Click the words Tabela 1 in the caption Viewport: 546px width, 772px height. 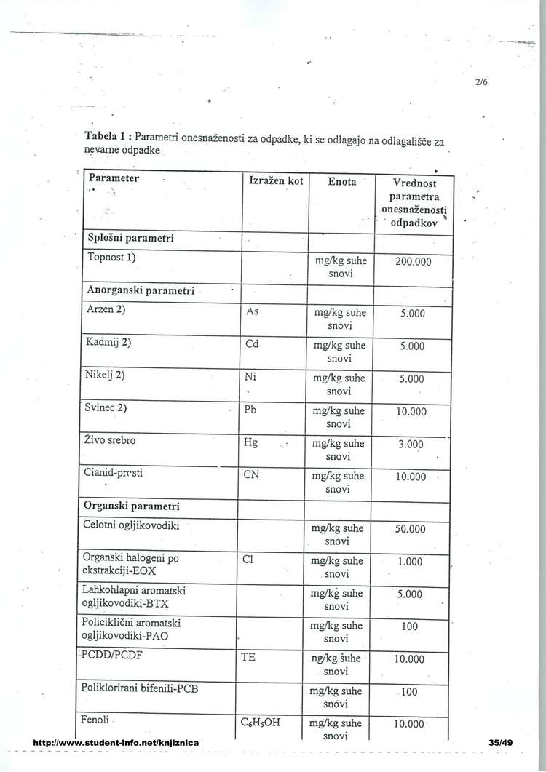tap(108, 137)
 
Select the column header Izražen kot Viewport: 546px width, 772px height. tap(272, 180)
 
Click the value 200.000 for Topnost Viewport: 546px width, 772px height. tap(414, 261)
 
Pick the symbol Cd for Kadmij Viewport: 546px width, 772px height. tap(253, 345)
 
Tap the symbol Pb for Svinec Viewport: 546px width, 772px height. tap(251, 409)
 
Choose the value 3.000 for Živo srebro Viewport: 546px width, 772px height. tap(411, 444)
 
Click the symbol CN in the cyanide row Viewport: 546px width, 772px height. tap(252, 477)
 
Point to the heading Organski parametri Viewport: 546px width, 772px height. tap(132, 506)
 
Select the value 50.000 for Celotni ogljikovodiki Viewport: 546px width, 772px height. tap(410, 529)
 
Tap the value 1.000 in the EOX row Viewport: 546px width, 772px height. tap(410, 562)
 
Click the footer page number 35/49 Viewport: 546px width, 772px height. tap(502, 742)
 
